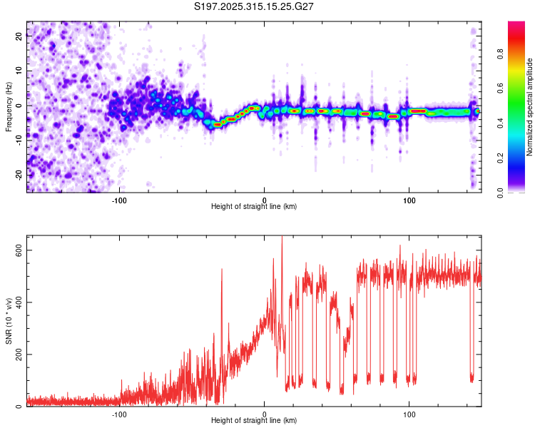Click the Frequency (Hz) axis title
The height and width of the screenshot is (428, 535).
[9, 106]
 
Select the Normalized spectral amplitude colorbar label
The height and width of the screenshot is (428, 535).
[530, 106]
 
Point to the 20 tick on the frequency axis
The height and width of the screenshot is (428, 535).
[20, 37]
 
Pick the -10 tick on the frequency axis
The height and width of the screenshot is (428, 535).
[20, 139]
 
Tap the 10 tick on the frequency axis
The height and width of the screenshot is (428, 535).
[20, 71]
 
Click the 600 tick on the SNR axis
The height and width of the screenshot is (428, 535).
[20, 250]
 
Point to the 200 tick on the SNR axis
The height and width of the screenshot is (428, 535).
[20, 355]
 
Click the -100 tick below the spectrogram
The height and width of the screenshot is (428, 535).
[119, 199]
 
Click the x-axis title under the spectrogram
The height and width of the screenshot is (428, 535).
[254, 207]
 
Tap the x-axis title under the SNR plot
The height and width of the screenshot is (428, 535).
[254, 421]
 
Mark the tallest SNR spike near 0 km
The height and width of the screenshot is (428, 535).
[282, 238]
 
